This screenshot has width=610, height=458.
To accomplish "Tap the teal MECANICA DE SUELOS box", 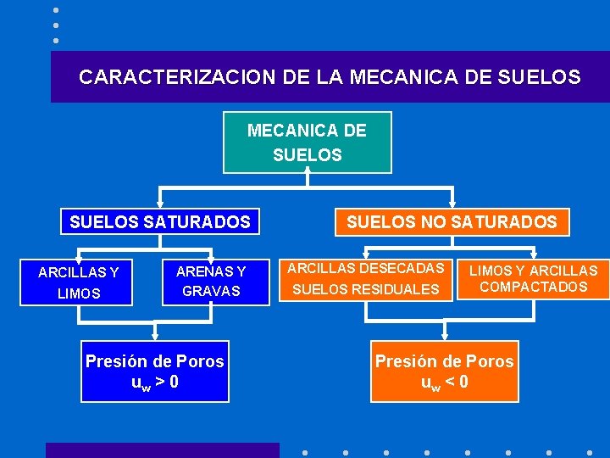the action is (x=307, y=142).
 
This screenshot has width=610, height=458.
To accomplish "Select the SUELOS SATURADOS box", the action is (x=160, y=222).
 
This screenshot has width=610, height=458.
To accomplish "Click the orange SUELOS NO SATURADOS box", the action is (x=452, y=222).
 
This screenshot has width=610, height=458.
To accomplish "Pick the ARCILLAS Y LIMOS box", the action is (x=78, y=282).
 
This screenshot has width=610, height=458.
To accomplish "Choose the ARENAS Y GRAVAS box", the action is (x=210, y=282).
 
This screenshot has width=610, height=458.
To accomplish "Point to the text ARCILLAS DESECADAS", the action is (x=366, y=268).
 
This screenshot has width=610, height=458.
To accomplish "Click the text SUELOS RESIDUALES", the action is (x=366, y=289).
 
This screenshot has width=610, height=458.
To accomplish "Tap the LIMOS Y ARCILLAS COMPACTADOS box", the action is (x=533, y=279).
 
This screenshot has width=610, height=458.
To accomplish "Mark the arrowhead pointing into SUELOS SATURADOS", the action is (x=160, y=203).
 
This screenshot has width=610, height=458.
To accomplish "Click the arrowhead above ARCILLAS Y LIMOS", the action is (x=78, y=254).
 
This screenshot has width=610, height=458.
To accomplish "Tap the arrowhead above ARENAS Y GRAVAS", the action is (x=210, y=254).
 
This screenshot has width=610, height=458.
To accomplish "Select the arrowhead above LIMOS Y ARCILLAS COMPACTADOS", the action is (x=533, y=254).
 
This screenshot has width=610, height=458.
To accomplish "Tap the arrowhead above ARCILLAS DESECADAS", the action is (x=366, y=254).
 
